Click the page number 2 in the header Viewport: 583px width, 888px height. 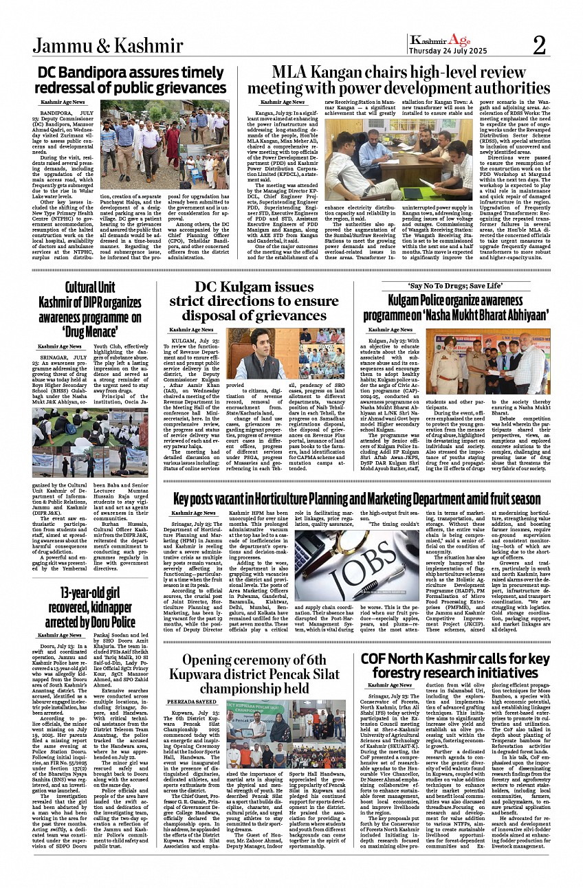coord(539,45)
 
